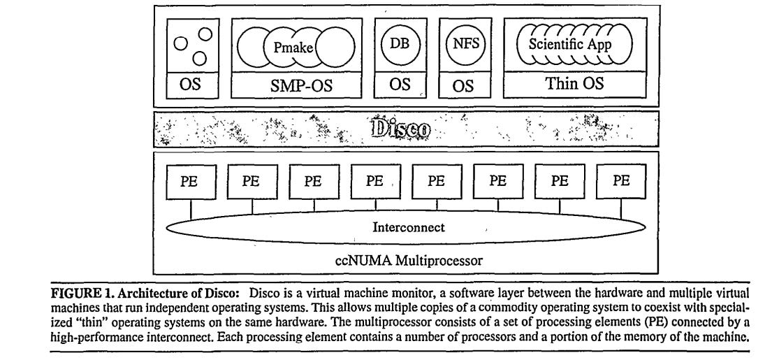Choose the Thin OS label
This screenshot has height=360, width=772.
(573, 85)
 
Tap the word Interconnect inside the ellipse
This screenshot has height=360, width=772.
(405, 226)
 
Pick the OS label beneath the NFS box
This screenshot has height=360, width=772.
(463, 86)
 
